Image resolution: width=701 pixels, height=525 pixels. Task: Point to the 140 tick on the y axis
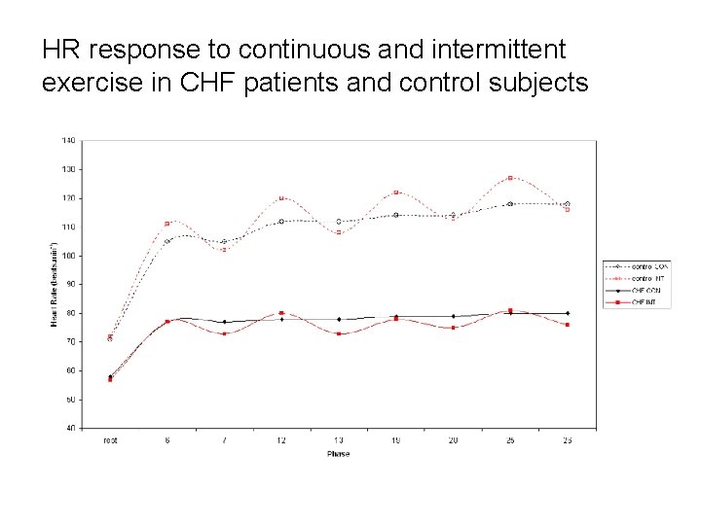coord(69,140)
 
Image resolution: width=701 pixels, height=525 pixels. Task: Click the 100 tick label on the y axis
coord(69,256)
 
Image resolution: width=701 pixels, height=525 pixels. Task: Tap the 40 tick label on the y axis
coord(70,428)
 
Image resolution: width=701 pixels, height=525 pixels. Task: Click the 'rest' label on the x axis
coord(110,440)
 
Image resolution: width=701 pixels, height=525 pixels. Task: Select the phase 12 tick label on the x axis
coord(281,440)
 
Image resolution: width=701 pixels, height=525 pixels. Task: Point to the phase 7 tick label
coord(224,440)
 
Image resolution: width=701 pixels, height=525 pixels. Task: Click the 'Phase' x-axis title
coord(338,453)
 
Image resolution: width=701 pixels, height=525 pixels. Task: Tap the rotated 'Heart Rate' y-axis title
coord(55,284)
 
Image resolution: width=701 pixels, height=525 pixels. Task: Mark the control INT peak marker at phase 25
coord(510,178)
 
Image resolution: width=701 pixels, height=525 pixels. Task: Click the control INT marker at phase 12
coord(281,198)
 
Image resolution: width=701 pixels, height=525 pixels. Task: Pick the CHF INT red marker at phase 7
coord(224,333)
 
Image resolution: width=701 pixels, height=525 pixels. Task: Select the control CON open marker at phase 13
coord(339,222)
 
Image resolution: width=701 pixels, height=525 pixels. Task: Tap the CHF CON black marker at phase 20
coord(453,316)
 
